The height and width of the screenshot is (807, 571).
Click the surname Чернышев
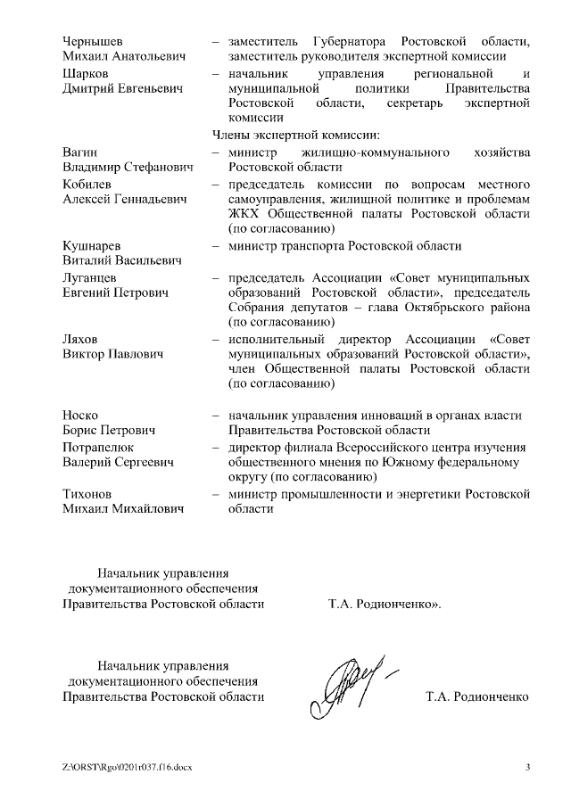[94, 42]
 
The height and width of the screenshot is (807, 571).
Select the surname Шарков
[86, 74]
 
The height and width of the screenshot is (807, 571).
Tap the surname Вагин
[80, 152]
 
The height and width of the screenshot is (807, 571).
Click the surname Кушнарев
[93, 246]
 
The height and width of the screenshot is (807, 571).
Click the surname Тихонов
[90, 494]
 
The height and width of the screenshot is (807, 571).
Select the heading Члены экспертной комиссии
[295, 136]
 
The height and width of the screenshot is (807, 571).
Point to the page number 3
[527, 768]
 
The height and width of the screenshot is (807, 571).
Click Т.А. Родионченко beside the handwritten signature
[477, 696]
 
